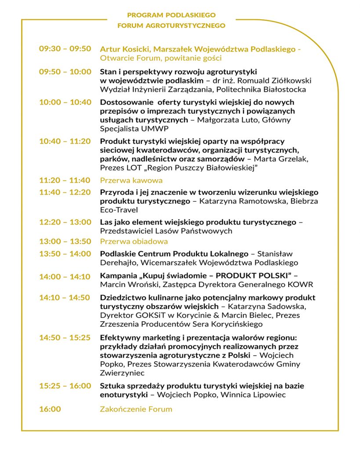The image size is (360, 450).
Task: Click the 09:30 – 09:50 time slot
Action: [65, 49]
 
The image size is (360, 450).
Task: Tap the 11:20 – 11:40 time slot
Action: [65, 180]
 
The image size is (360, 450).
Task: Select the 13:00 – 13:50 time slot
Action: [65, 241]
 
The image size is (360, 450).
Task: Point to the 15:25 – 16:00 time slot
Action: [65, 386]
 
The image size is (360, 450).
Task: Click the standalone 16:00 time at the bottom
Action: [50, 409]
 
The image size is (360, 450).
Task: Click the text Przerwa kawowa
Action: [131, 180]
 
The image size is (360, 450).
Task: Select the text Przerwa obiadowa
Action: [134, 241]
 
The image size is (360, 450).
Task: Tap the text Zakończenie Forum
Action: [136, 409]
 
